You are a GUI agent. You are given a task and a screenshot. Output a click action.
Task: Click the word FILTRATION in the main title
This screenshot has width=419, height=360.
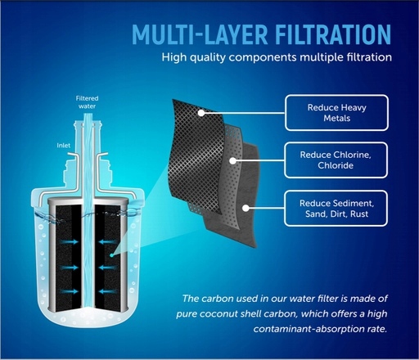coord(333,34)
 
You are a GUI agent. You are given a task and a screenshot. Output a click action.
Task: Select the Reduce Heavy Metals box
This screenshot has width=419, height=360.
coord(336,113)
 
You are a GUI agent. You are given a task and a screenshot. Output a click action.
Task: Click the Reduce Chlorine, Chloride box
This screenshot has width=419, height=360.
coord(336,160)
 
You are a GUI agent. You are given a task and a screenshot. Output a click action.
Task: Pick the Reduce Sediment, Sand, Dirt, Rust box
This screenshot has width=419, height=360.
coord(336,209)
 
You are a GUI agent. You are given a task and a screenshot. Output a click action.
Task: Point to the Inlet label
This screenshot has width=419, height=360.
coord(64,146)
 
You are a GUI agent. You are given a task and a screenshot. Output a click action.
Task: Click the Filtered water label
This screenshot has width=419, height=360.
coord(87,102)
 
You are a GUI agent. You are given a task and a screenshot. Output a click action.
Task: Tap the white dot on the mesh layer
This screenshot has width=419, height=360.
coord(201,113)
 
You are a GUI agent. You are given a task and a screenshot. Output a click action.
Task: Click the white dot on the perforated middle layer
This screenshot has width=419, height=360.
coord(232,160)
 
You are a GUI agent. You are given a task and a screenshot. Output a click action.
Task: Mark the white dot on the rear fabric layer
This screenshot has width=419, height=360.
coord(246,209)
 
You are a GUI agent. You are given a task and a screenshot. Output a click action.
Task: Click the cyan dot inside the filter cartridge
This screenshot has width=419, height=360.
coord(111,255)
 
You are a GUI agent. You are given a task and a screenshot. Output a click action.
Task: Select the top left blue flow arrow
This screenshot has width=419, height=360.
coord(69,241)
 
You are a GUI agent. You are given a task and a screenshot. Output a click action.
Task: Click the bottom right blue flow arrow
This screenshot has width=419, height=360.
coord(107,291)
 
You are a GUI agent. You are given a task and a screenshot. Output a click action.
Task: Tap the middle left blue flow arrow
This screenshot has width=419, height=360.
coord(70,268)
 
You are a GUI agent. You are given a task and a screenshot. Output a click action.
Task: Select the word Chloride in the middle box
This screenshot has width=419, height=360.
coord(336,165)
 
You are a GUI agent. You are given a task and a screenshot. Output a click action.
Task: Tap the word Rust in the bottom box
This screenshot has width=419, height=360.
coord(359,214)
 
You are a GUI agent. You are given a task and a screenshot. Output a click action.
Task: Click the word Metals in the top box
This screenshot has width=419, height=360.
coord(337,118)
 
